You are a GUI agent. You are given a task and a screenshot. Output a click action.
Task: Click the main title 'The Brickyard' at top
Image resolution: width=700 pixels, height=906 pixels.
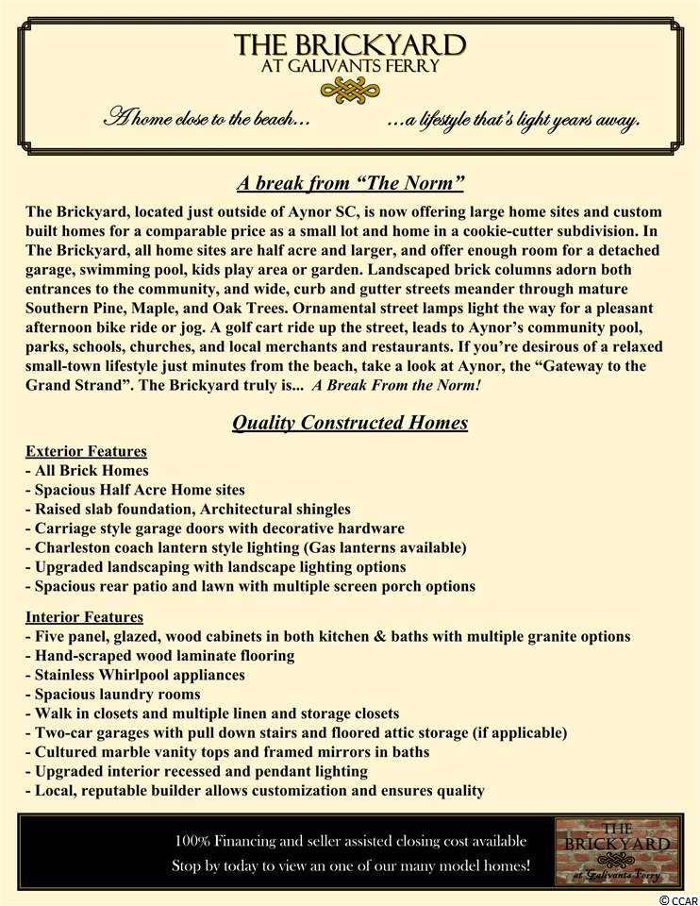point(350,45)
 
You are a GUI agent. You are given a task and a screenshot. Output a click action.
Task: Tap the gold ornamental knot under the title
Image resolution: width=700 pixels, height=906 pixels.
point(350,90)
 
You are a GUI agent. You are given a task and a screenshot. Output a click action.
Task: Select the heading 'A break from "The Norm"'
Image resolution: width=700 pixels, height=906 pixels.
point(350,182)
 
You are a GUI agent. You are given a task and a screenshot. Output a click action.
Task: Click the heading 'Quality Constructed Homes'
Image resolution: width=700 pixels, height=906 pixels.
point(350,423)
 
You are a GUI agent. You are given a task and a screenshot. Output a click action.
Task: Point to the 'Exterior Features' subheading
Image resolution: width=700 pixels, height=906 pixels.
point(86,451)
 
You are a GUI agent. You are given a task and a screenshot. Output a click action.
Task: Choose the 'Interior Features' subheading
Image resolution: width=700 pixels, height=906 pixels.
point(84,617)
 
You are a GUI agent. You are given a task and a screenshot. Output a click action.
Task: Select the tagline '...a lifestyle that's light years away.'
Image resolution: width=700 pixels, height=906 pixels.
point(514,121)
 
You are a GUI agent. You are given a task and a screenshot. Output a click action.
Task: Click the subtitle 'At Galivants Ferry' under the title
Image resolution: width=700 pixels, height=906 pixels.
point(350,68)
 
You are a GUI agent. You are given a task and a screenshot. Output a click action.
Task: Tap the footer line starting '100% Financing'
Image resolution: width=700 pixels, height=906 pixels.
point(351,841)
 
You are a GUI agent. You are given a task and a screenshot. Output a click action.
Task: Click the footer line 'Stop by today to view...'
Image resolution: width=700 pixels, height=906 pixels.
point(351,865)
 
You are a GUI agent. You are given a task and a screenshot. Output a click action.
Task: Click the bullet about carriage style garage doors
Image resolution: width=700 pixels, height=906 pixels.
point(214,528)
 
